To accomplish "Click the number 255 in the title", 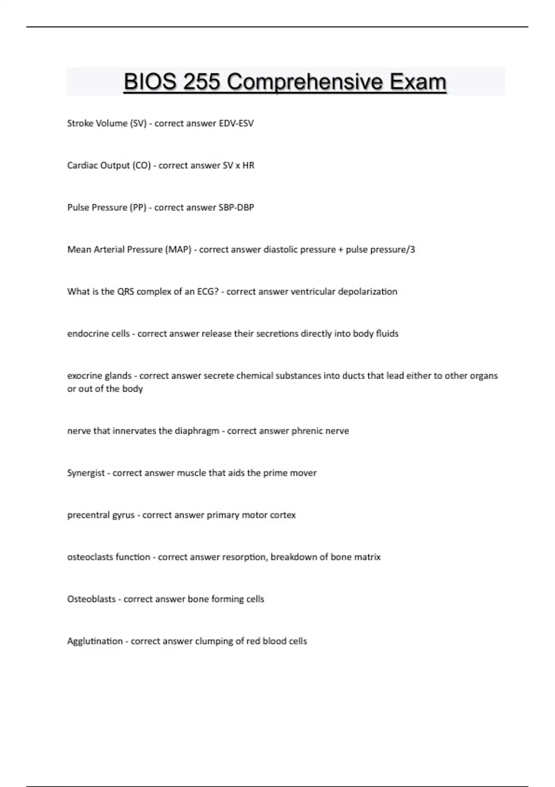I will pos(201,82).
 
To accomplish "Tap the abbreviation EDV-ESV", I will pos(236,124).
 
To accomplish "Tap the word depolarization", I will pos(367,292).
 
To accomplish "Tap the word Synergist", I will pos(86,473).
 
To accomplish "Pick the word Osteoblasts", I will pos(91,599).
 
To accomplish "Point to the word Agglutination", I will pos(95,641).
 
